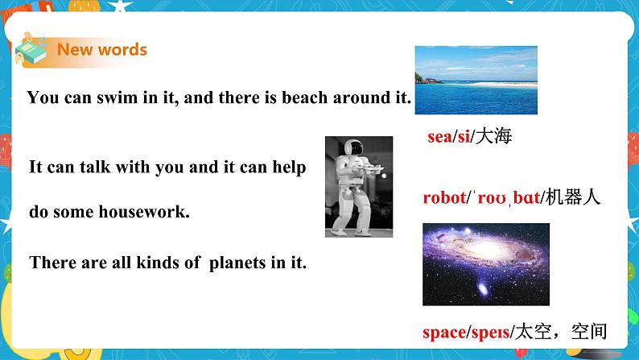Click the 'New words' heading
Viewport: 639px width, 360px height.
click(x=101, y=49)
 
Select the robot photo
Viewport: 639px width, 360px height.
click(x=359, y=186)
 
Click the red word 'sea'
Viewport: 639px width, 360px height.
click(x=439, y=137)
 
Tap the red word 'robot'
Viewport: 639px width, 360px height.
click(x=444, y=197)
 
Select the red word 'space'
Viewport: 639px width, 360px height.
click(x=444, y=330)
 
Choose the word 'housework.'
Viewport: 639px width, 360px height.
click(x=150, y=213)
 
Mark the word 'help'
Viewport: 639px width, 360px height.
click(x=290, y=168)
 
